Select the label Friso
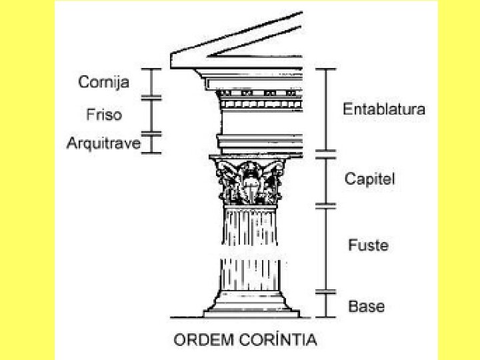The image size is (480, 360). tap(103, 115)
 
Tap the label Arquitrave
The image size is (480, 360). tap(103, 143)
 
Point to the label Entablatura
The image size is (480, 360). tap(383, 109)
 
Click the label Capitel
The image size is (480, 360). tap(370, 178)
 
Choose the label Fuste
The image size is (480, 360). tap(367, 245)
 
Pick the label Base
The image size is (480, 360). tap(367, 307)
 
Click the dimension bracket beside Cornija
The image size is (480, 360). tap(152, 83)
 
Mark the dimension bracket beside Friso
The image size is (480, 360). tap(152, 115)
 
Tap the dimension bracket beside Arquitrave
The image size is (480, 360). tap(152, 143)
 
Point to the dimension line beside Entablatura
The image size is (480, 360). tap(325, 110)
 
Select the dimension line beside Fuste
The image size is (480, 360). tap(325, 248)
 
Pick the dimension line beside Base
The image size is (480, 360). tap(325, 305)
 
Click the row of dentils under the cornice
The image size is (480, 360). tap(260, 105)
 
